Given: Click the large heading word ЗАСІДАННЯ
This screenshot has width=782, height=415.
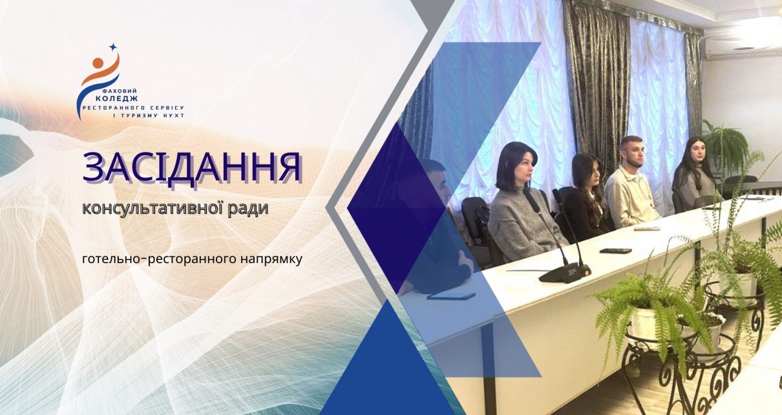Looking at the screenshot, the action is pos(192,167).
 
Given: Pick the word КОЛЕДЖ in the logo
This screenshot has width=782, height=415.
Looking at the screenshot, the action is pos(116,99).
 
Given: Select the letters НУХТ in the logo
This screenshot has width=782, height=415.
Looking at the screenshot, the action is pos(174,116).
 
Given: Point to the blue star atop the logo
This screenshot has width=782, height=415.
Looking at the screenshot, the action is pos(112,47).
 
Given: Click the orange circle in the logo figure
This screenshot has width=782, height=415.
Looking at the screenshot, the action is pos(98,63).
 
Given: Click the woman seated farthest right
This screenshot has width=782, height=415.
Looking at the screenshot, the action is pos(693,175).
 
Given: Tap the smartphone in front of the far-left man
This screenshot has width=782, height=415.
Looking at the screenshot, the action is pos(451,296).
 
